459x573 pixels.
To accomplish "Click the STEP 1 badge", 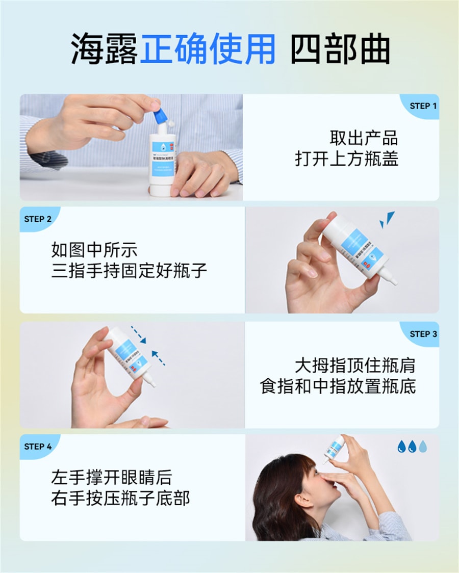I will coord(423,106).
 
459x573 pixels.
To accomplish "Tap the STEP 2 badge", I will coord(38,219).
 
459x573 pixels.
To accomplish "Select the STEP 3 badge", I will coord(423,334).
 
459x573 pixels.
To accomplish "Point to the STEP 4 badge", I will coord(38,447).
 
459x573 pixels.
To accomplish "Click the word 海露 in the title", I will coord(104,49).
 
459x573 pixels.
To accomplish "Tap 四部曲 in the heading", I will coord(340,49).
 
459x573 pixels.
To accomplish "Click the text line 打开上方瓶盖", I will coord(346,159).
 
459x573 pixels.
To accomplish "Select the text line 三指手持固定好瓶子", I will coord(129,270).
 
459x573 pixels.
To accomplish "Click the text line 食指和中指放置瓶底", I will coord(338,386).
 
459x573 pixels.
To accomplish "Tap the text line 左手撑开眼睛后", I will coord(111,478).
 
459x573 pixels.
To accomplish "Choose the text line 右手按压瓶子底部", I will coord(120,498).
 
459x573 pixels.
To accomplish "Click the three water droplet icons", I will coord(412,447).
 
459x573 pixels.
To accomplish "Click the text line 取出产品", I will coord(364,138).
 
